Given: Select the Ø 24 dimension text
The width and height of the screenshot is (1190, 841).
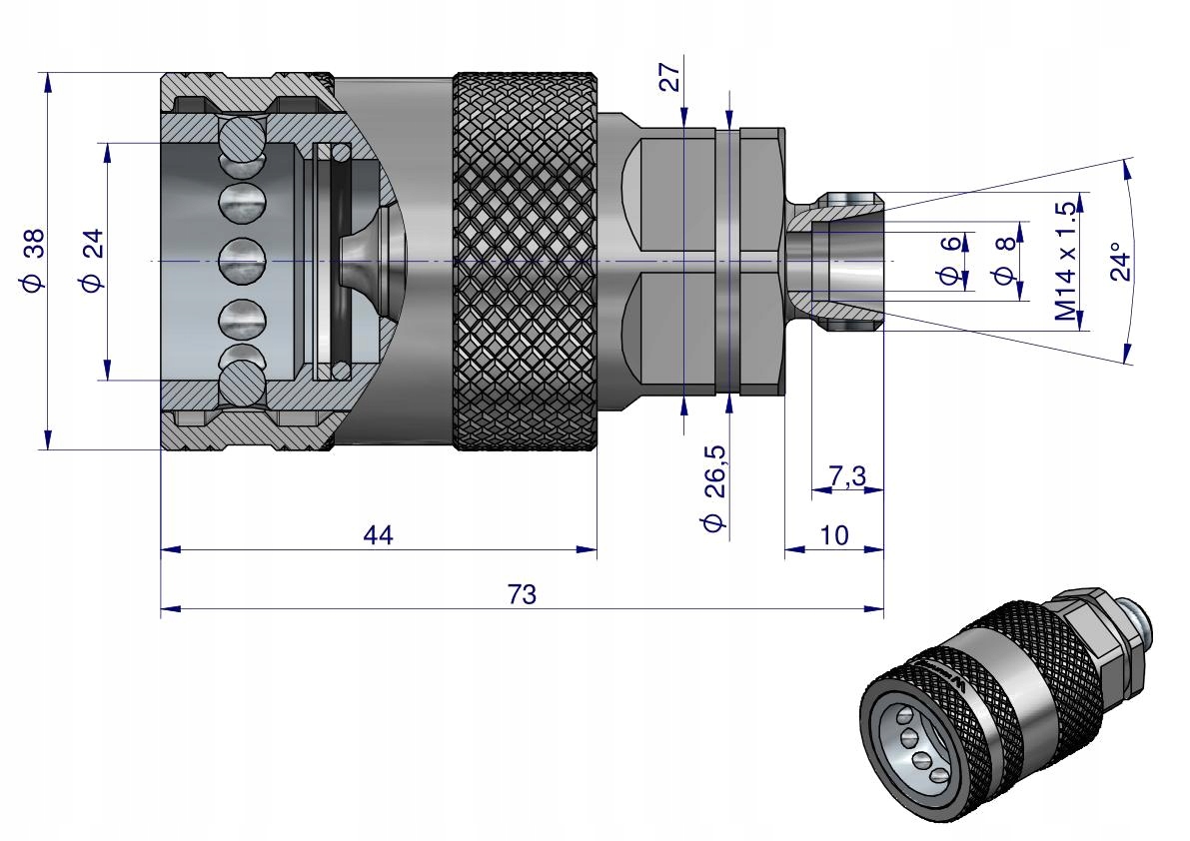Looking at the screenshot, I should pos(92,261).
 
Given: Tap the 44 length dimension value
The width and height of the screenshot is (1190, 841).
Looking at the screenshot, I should pos(378,535).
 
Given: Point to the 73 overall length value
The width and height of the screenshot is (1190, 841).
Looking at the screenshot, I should pos(522,594).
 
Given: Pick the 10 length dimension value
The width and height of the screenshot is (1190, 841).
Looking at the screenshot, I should pos(834,535).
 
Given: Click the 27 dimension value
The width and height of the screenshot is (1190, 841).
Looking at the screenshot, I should pos(669,77).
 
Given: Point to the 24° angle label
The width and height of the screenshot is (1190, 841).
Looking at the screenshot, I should pos(1121,261).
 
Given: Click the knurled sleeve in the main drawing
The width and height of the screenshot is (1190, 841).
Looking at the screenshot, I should pos(527,261).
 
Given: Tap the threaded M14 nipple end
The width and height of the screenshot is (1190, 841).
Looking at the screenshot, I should pos(847,261).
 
